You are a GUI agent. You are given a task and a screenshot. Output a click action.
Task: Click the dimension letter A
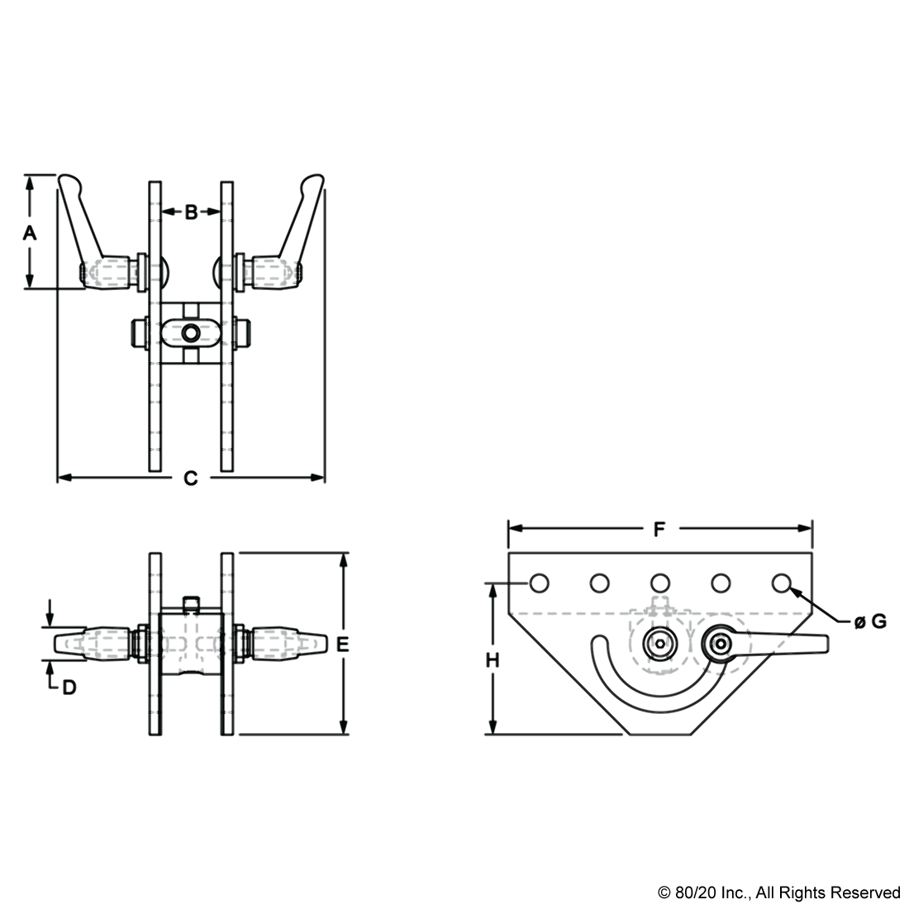pyautogui.click(x=30, y=233)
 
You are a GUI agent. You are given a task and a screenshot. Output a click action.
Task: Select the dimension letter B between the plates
pyautogui.click(x=191, y=212)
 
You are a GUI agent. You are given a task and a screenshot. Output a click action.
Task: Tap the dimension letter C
pyautogui.click(x=190, y=478)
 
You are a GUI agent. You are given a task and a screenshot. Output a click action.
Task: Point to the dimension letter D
pyautogui.click(x=69, y=688)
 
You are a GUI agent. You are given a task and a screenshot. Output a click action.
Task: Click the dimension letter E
pyautogui.click(x=343, y=644)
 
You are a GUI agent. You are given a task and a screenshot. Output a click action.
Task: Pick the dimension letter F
pyautogui.click(x=659, y=529)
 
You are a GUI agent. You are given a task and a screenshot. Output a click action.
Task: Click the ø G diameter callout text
pyautogui.click(x=870, y=622)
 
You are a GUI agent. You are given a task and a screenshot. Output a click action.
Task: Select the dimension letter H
pyautogui.click(x=493, y=660)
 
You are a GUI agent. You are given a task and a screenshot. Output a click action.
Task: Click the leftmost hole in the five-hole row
pyautogui.click(x=539, y=583)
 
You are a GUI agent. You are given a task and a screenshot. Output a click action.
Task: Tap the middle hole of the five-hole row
pyautogui.click(x=660, y=583)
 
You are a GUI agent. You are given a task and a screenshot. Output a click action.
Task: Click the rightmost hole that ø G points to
pyautogui.click(x=782, y=583)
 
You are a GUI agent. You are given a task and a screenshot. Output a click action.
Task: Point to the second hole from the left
pyautogui.click(x=599, y=583)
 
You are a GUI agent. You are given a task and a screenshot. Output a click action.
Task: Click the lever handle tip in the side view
pyautogui.click(x=826, y=643)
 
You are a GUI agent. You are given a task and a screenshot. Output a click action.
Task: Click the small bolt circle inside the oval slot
pyautogui.click(x=191, y=333)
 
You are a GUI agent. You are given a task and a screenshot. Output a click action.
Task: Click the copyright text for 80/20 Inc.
pyautogui.click(x=778, y=892)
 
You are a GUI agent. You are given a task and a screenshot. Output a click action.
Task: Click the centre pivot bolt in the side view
pyautogui.click(x=660, y=643)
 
